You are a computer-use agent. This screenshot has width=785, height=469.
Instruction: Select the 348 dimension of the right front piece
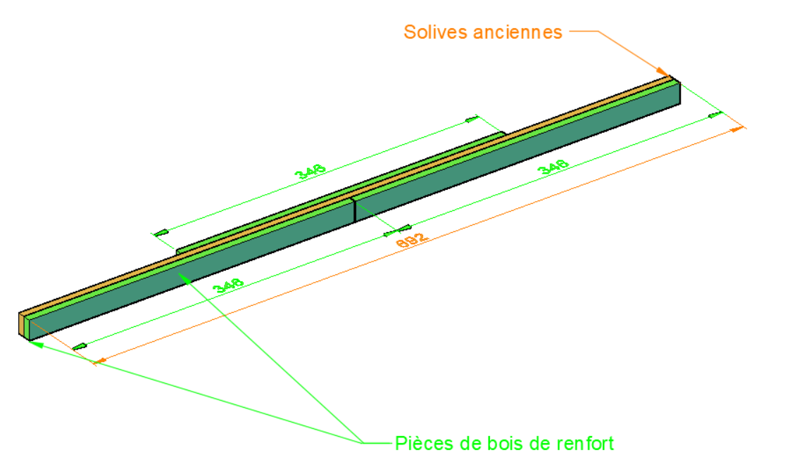tap(553, 167)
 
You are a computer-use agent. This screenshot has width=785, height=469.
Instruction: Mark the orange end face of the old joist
tap(20, 323)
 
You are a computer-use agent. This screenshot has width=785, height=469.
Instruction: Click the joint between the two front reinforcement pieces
tap(353, 210)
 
